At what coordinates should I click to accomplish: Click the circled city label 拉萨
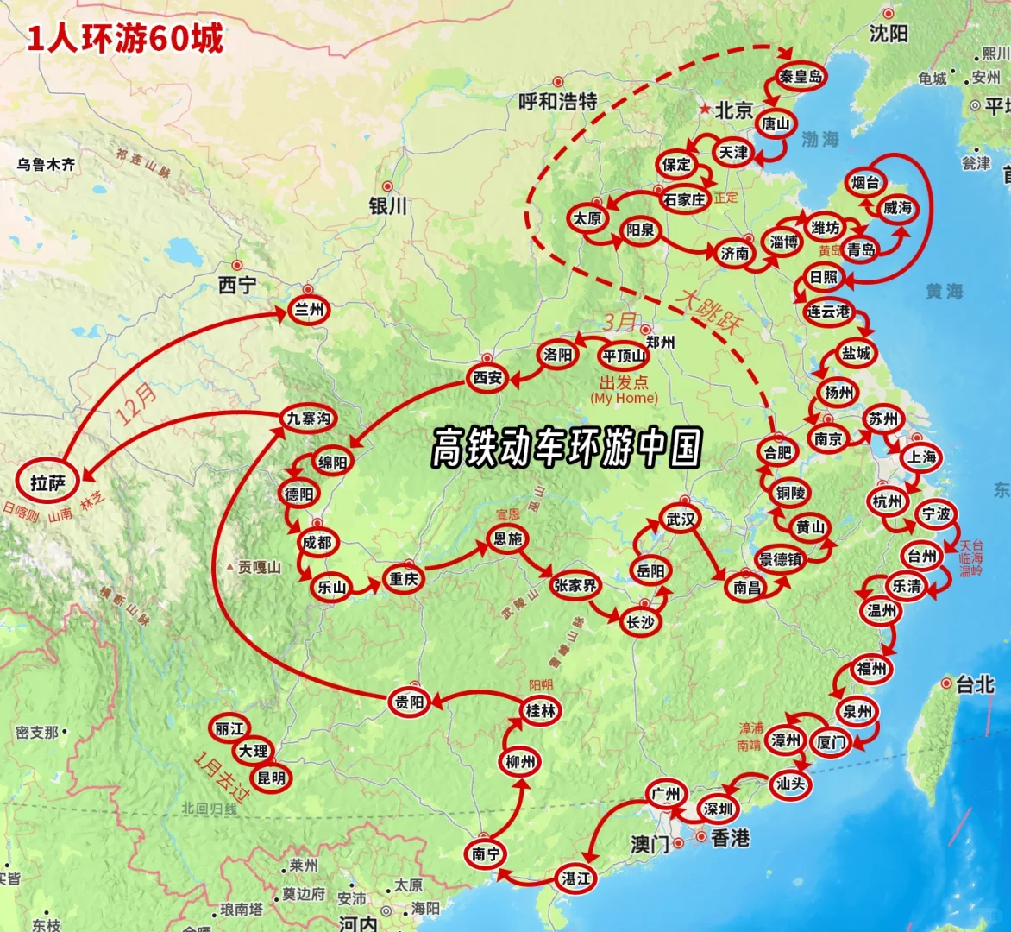tap(48, 482)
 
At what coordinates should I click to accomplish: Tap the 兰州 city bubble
tap(308, 310)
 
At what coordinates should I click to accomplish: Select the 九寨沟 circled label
tap(308, 419)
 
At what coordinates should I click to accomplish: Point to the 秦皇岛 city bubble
tap(801, 76)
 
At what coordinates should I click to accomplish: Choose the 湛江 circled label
tap(575, 878)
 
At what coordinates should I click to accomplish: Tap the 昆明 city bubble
tap(271, 778)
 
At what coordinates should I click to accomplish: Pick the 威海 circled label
tap(897, 208)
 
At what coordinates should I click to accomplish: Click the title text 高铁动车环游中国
tap(567, 447)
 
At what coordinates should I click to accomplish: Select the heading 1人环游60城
tap(125, 39)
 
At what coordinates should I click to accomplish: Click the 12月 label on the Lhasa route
tap(138, 404)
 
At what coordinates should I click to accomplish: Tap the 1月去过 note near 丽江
tap(220, 777)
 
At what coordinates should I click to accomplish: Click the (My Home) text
tap(624, 399)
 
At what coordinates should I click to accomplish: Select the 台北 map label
tap(976, 685)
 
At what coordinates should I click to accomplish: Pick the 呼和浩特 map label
tap(558, 102)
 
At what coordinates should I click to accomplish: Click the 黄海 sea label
tap(944, 292)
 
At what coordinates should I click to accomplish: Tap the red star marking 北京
tap(706, 110)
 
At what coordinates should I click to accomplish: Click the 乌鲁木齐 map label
tap(46, 164)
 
